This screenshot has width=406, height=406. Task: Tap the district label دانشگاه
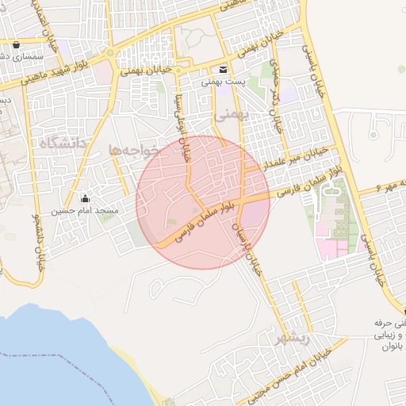(60, 144)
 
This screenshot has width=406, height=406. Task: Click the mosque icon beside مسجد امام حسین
(86, 197)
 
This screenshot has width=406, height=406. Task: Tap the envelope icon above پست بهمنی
(223, 68)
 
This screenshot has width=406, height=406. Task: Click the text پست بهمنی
(223, 81)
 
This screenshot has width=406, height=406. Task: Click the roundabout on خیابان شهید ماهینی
(109, 54)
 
